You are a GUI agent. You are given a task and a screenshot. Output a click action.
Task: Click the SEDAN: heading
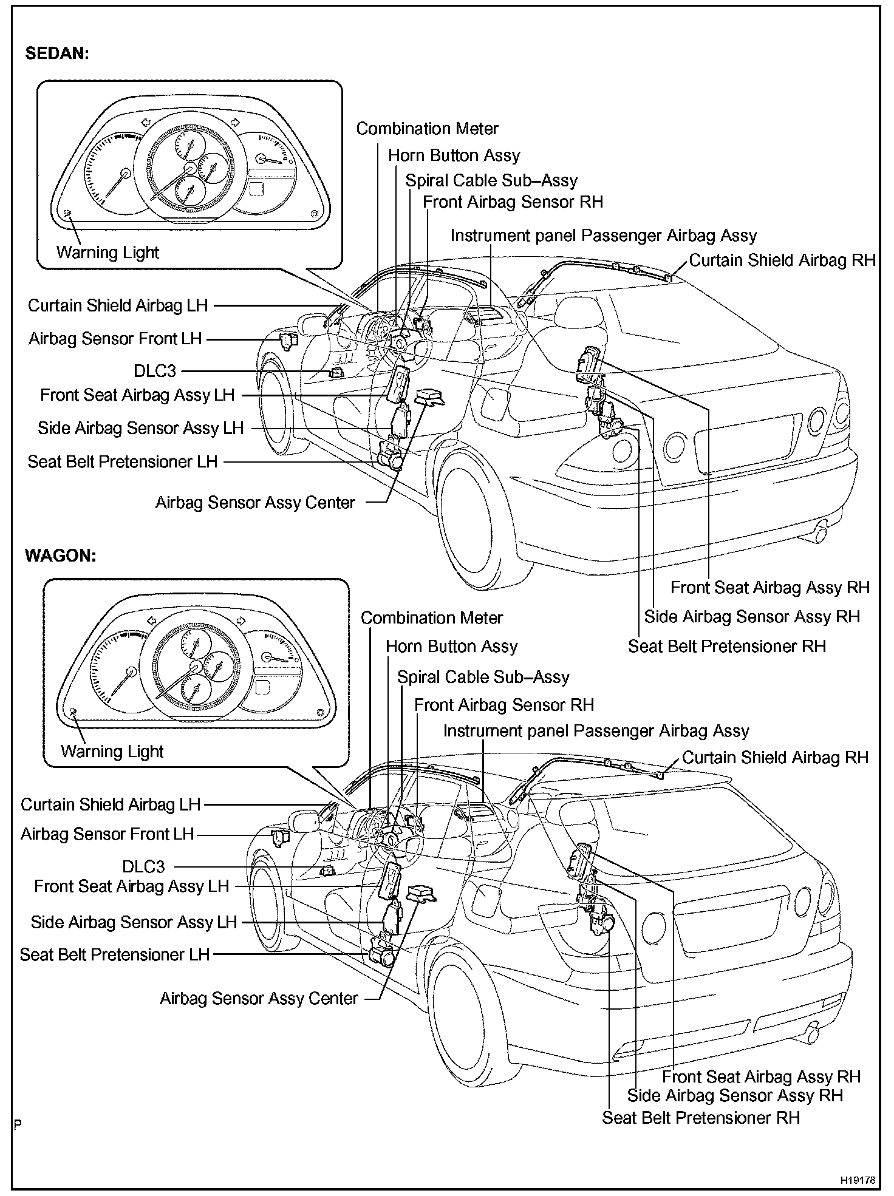click(x=56, y=53)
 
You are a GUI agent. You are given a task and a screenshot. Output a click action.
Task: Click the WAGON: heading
click(x=60, y=556)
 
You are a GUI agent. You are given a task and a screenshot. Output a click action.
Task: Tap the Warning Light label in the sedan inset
click(x=107, y=253)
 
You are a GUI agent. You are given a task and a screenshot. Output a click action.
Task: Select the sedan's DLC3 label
click(x=155, y=371)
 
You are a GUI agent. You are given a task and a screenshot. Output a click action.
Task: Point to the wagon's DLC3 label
click(x=143, y=866)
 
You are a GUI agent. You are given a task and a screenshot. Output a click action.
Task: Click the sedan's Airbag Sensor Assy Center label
click(x=255, y=503)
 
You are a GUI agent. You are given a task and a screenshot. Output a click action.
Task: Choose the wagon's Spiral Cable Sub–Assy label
click(x=483, y=677)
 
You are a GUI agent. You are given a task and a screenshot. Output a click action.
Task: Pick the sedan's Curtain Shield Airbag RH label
click(x=782, y=260)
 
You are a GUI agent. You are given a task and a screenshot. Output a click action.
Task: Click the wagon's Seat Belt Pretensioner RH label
click(x=701, y=1118)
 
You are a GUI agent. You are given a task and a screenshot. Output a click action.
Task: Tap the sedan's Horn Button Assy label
click(x=454, y=155)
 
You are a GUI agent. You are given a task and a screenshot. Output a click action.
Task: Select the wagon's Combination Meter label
click(x=432, y=618)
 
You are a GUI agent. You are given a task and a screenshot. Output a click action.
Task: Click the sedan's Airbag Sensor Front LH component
click(x=287, y=341)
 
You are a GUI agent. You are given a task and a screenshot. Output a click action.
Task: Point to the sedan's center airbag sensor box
click(x=429, y=397)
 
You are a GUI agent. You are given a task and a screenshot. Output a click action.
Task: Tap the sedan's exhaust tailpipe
click(x=821, y=534)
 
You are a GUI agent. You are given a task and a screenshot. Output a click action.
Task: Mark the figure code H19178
click(x=858, y=1180)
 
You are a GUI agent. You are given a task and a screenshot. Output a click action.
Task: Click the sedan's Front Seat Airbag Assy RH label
click(x=770, y=588)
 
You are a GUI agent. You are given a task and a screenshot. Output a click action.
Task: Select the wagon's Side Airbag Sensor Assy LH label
click(x=134, y=922)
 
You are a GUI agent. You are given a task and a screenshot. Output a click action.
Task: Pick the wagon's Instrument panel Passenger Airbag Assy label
click(x=596, y=731)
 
